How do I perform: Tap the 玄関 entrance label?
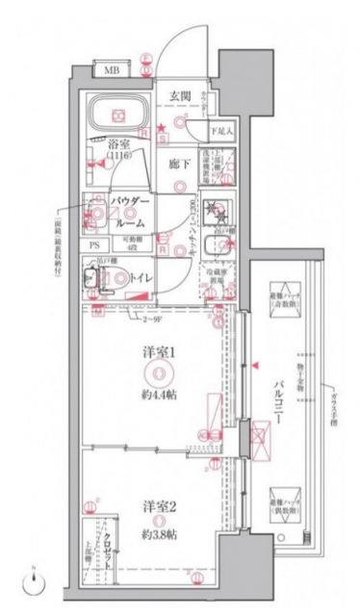[182, 94]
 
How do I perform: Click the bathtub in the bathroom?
[115, 114]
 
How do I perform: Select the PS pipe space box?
[94, 244]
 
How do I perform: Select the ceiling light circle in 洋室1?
[162, 374]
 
